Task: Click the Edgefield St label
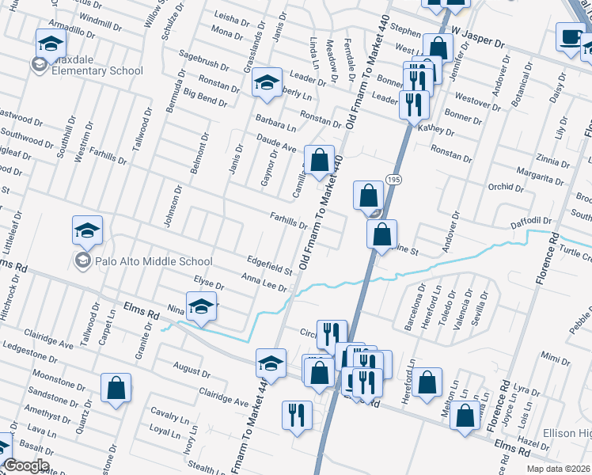(x=269, y=264)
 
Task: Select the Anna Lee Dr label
(x=264, y=281)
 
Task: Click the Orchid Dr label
(x=503, y=188)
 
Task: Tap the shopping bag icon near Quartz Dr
(x=116, y=388)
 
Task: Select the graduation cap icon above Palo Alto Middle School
(x=87, y=230)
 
